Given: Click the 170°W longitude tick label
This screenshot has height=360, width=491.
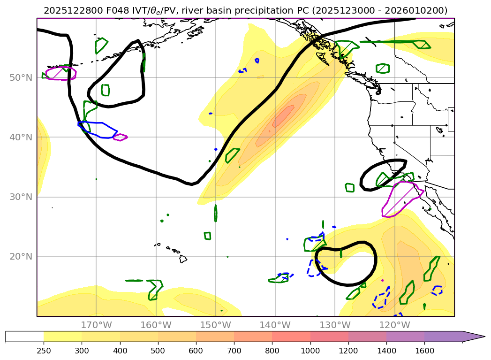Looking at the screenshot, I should [96, 325].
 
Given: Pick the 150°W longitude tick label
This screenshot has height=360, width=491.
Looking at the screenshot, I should [215, 325].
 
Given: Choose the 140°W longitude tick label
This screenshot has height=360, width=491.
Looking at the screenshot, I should [275, 325].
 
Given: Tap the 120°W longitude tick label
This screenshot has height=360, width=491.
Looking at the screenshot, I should [394, 325].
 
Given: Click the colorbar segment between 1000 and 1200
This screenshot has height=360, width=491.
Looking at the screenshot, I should [329, 337].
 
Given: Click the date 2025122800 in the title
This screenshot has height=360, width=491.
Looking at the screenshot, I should [66, 10].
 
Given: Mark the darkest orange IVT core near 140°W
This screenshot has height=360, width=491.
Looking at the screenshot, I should [284, 115].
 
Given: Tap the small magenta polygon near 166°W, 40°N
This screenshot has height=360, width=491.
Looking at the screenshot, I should [120, 137].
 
